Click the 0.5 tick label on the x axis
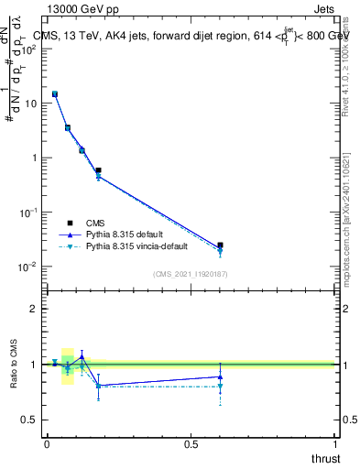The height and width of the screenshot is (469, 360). (191, 443)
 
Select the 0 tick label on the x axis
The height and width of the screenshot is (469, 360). (47, 443)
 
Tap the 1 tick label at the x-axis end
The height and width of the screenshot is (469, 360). (335, 443)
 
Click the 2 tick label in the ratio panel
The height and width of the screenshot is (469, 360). (34, 309)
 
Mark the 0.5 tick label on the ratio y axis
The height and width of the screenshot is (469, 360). (29, 420)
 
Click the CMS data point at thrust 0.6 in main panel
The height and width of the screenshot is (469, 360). (220, 245)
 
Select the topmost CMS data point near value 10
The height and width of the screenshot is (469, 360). (55, 93)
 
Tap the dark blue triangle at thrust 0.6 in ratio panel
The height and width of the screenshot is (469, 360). (220, 376)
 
